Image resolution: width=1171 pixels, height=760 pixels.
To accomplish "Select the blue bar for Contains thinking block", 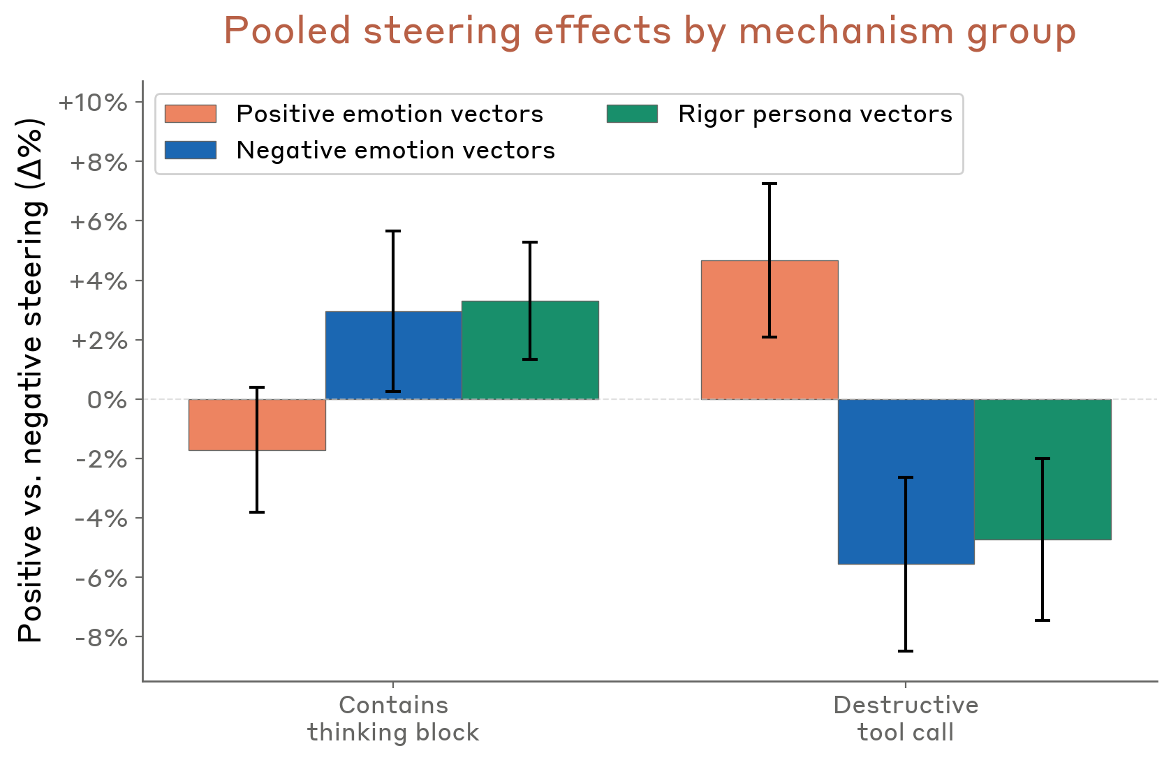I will (x=363, y=356).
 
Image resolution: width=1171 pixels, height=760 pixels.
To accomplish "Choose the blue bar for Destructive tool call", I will (x=873, y=482).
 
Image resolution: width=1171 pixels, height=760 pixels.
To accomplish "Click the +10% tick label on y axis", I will (x=93, y=103).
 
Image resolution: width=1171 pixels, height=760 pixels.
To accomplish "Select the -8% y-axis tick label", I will (x=102, y=638).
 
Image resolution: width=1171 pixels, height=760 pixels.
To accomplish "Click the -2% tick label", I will (x=102, y=459).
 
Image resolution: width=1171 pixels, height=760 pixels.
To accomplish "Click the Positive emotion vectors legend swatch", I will (x=191, y=114).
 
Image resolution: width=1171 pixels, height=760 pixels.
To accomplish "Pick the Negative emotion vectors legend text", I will (x=395, y=150).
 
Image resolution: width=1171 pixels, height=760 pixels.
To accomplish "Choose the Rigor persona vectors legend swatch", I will (x=632, y=114).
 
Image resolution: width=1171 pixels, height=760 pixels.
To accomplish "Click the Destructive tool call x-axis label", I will (x=906, y=718).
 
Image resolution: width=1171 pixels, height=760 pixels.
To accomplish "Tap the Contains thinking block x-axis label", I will (x=393, y=718).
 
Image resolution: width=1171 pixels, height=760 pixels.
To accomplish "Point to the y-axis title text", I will (x=31, y=380).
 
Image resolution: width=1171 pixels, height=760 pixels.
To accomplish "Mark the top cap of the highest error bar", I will (x=769, y=184).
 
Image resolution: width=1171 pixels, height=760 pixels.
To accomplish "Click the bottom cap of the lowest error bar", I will (x=906, y=651).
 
